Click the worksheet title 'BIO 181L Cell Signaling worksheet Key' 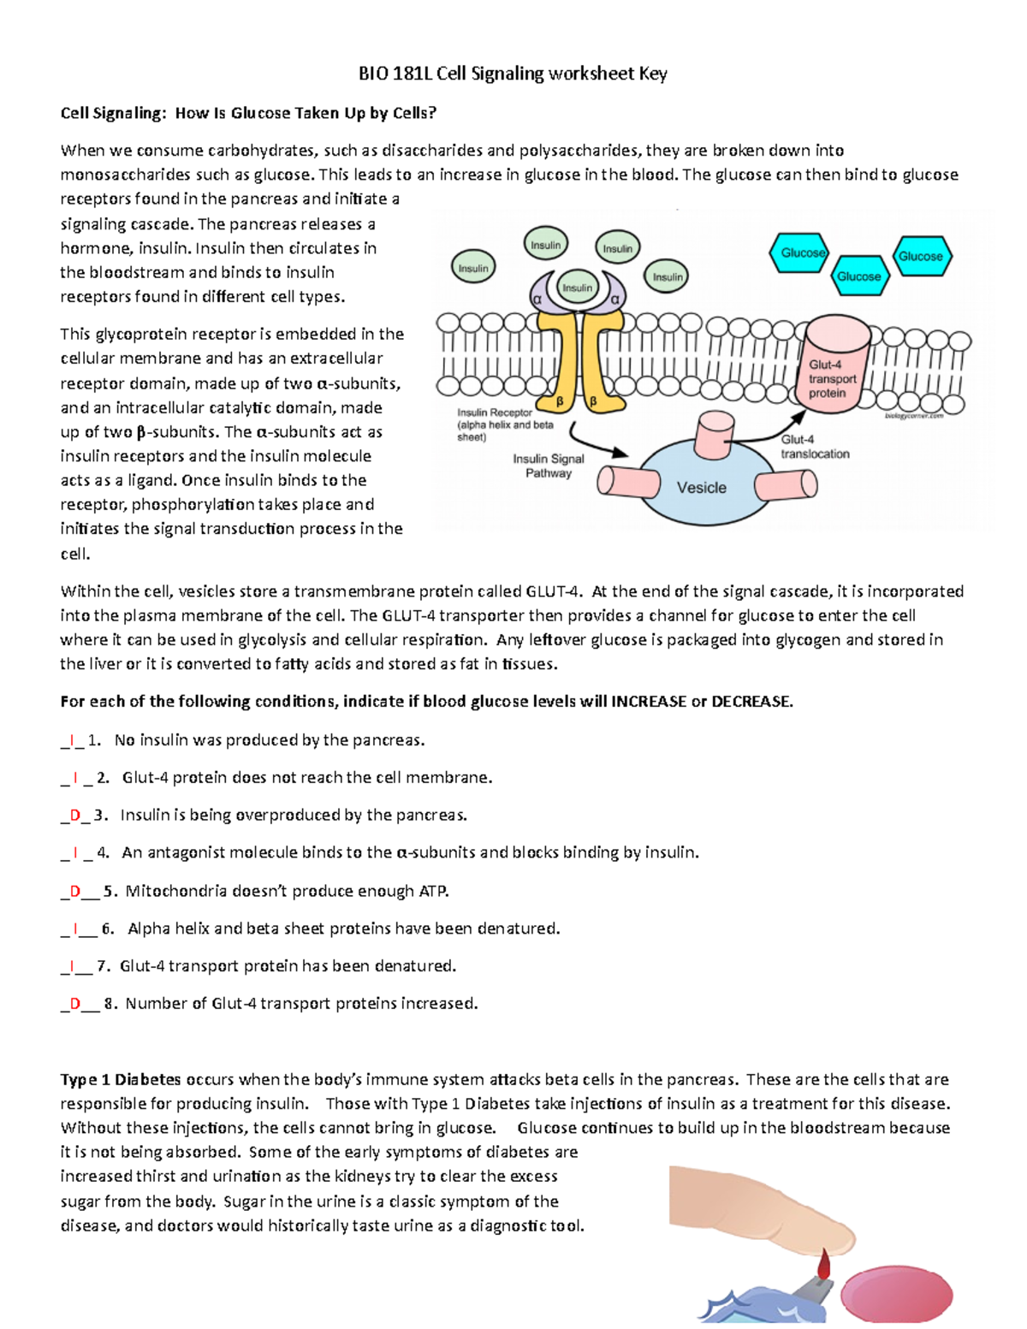point(512,74)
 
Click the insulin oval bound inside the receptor point(577,288)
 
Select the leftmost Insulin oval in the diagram point(472,268)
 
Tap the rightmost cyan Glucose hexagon point(920,256)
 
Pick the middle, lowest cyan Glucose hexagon point(858,276)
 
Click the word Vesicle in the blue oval point(701,488)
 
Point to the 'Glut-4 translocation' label point(814,447)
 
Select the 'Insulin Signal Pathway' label point(548,466)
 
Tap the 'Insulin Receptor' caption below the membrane point(495,412)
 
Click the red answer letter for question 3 point(74,816)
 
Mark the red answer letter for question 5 point(74,892)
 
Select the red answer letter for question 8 point(74,1004)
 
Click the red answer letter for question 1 point(72,740)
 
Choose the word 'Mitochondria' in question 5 point(171,892)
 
